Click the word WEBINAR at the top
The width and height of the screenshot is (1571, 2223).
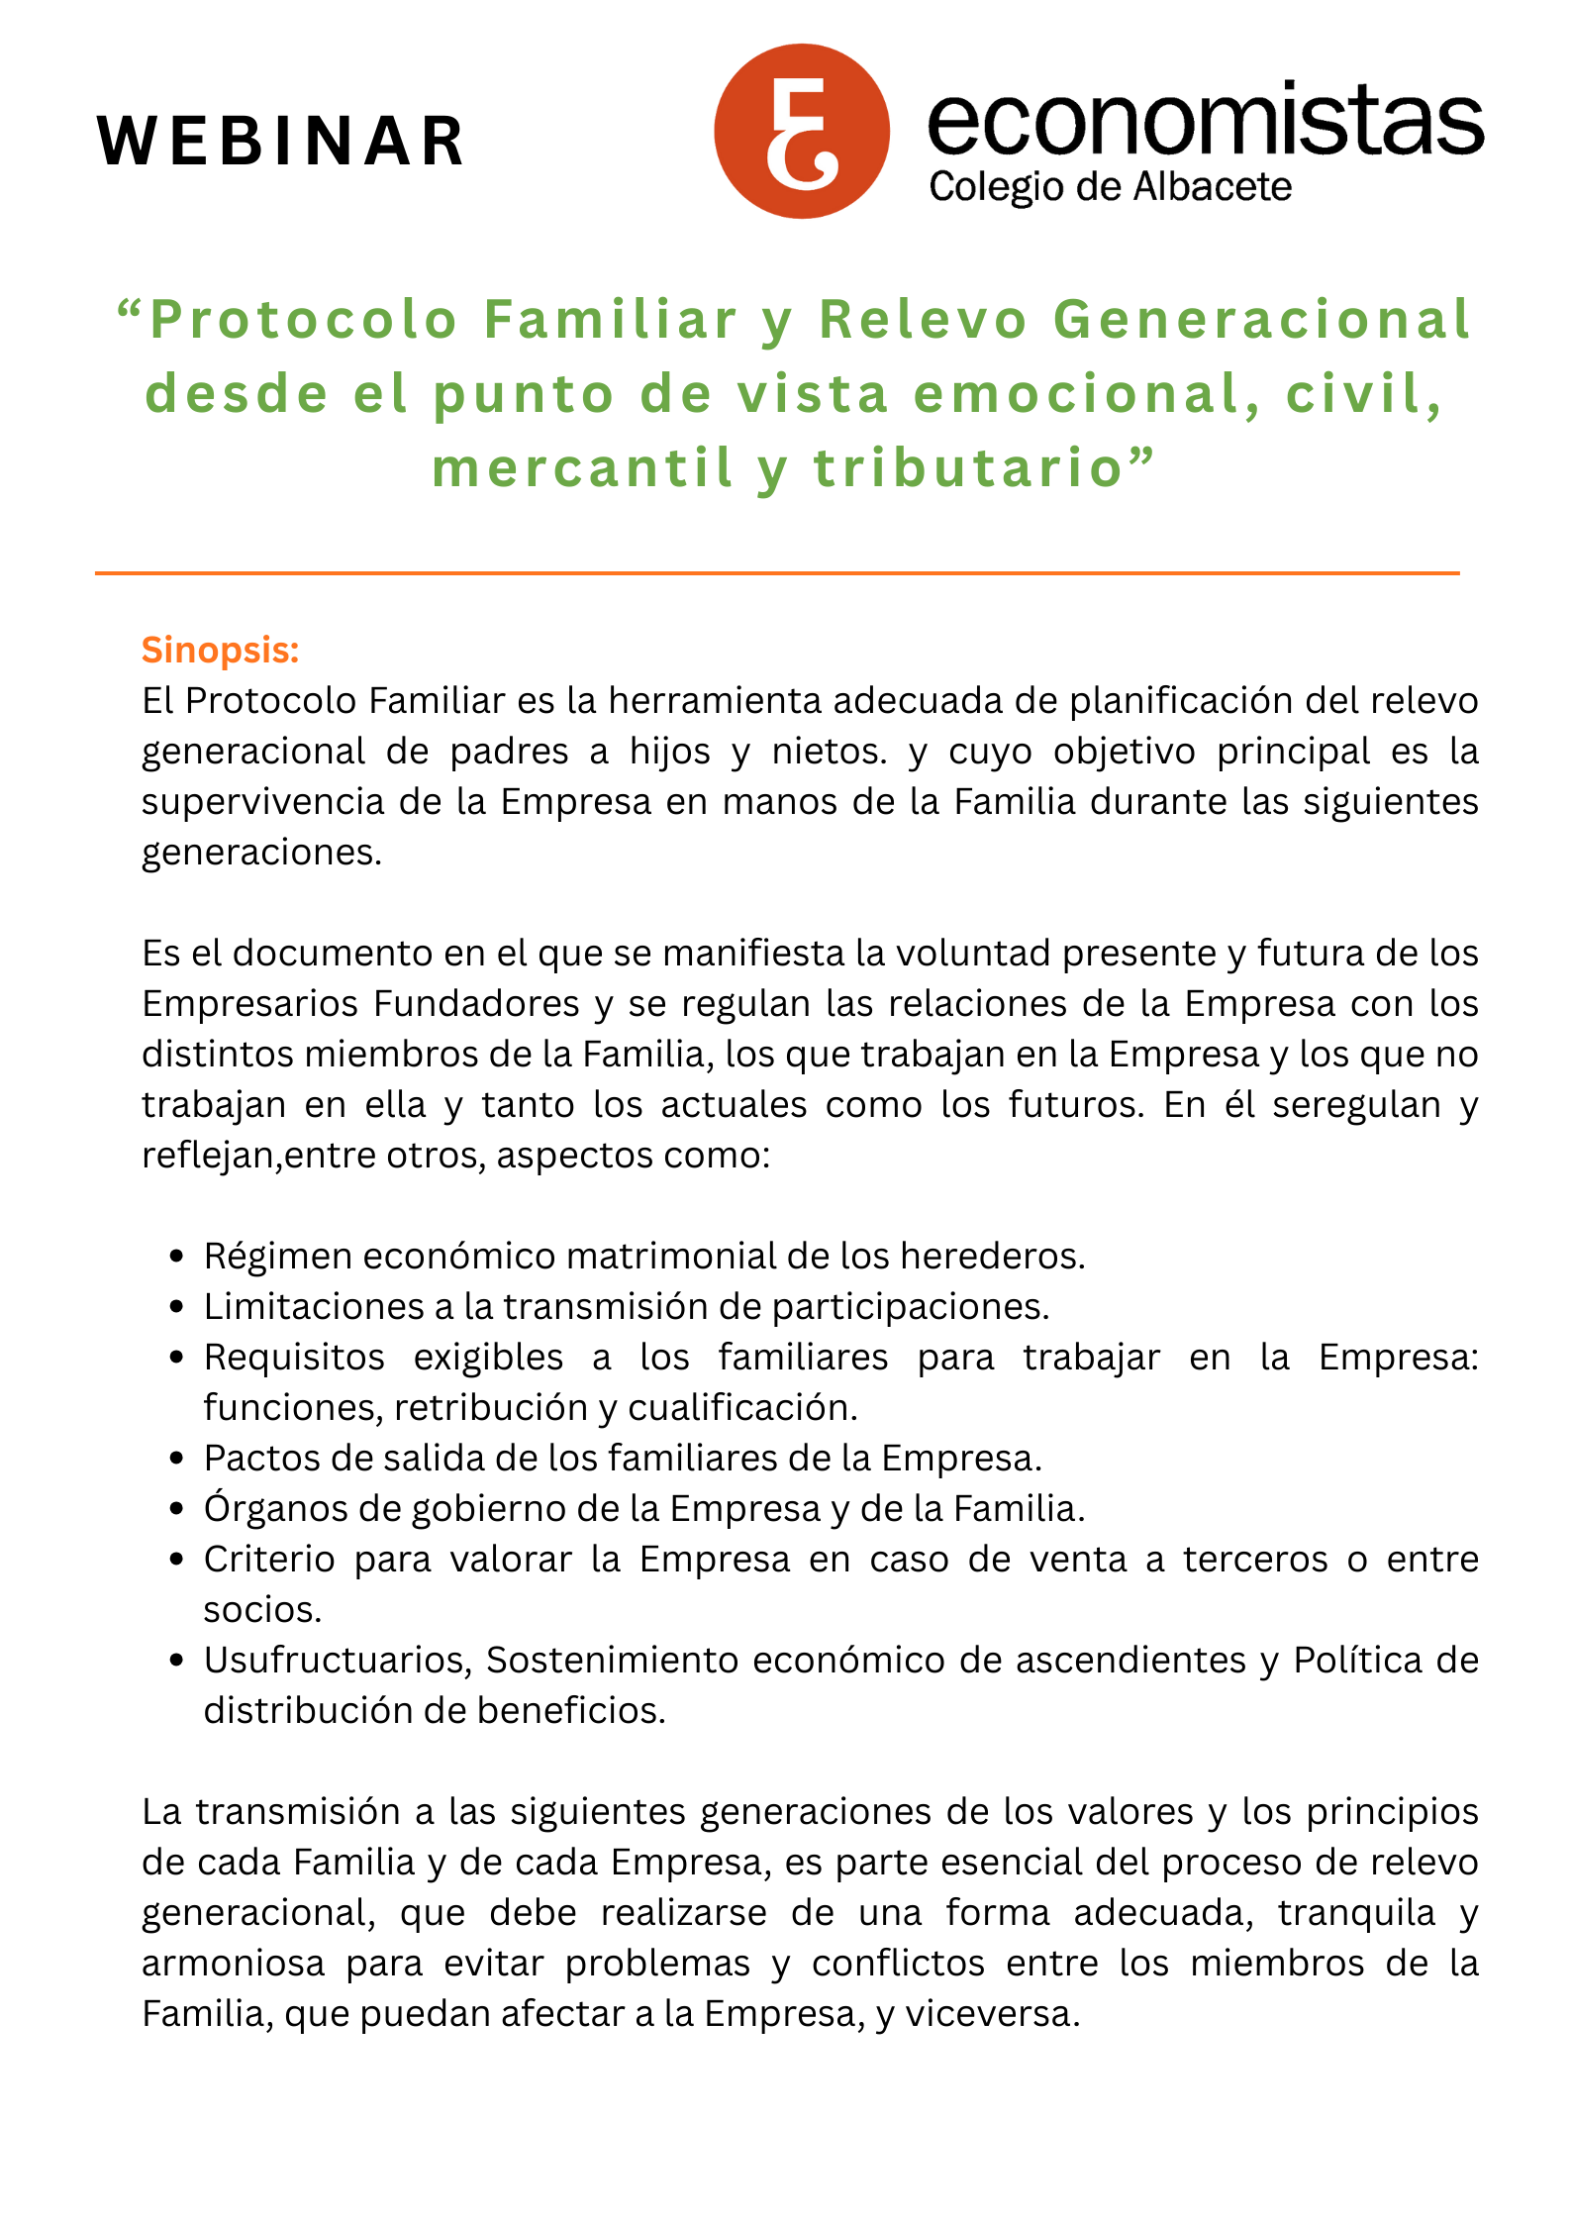(x=281, y=141)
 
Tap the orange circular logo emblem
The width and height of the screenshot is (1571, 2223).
(x=802, y=132)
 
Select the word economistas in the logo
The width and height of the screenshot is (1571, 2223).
(x=1205, y=120)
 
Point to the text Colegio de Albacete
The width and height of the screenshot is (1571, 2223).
(x=1110, y=187)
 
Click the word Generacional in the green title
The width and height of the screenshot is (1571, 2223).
(x=1262, y=320)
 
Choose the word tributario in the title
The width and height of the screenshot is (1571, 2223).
(x=967, y=467)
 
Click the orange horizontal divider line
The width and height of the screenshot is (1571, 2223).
(x=777, y=572)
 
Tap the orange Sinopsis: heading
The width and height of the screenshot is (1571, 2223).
(x=220, y=651)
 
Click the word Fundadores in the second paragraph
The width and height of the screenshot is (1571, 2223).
(x=476, y=1003)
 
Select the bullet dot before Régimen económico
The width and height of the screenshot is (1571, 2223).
(x=177, y=1258)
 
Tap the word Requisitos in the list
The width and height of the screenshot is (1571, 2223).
(x=294, y=1357)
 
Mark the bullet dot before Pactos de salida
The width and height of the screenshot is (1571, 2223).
(x=177, y=1460)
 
